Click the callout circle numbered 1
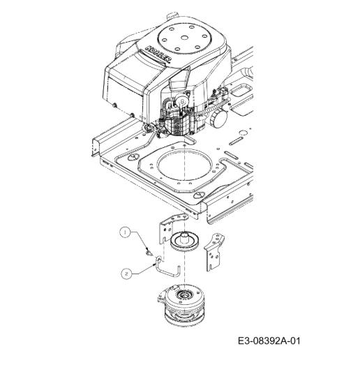coord(125,232)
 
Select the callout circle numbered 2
coord(127,274)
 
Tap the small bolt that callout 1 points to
coord(148,252)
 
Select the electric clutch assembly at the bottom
coord(182,304)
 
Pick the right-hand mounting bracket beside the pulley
coord(213,252)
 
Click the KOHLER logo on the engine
coord(158,54)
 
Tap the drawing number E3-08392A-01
coord(269,340)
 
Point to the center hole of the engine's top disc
coord(185,38)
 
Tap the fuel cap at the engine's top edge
coord(172,16)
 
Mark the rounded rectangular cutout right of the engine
coord(242,90)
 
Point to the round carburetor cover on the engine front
coord(181,101)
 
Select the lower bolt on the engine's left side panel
coord(132,115)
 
